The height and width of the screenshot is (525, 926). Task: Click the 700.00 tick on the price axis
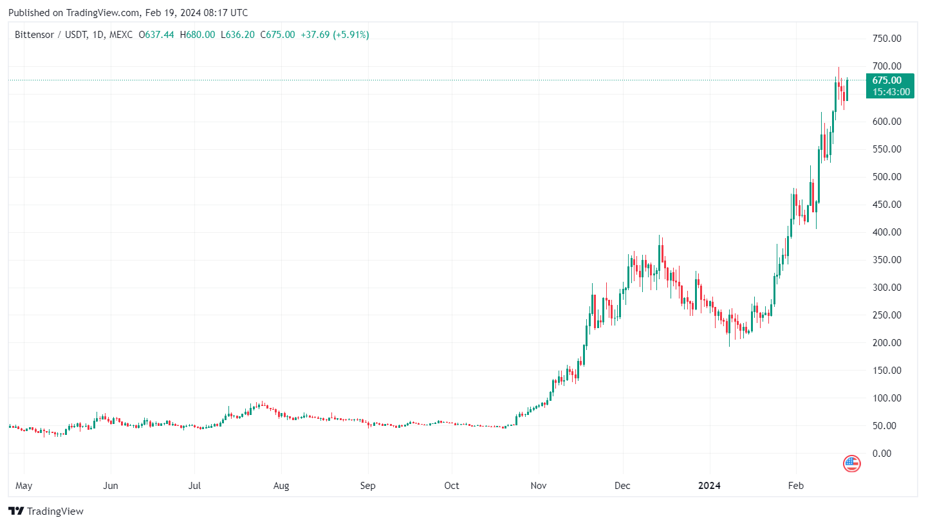[x=885, y=66]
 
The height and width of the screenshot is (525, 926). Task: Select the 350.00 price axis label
[x=885, y=260]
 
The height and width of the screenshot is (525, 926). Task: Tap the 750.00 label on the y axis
[x=885, y=39]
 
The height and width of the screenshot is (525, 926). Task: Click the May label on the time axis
[x=24, y=486]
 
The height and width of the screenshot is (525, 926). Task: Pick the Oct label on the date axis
[x=452, y=486]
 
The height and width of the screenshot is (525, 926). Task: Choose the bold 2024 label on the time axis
[x=710, y=486]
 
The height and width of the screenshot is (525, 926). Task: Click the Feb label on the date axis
[x=796, y=486]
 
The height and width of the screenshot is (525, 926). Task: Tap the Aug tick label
[x=281, y=486]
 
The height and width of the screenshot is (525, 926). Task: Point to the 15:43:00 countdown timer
[x=890, y=92]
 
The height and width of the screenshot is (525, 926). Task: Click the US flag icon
[x=851, y=463]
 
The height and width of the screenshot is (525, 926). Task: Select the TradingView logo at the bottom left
[x=47, y=511]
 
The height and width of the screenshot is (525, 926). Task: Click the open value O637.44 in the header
[x=156, y=35]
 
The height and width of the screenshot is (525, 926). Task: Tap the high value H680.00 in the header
[x=197, y=35]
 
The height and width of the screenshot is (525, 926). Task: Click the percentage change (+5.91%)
[x=351, y=35]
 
